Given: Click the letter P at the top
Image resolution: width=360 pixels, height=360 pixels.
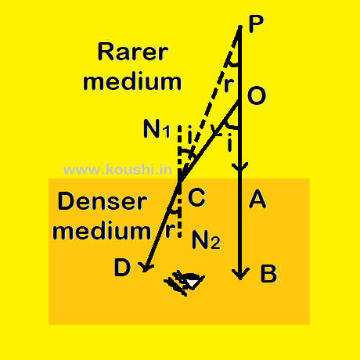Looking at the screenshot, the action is point(256,24).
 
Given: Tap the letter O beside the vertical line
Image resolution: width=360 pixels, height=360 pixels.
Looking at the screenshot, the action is point(257,95).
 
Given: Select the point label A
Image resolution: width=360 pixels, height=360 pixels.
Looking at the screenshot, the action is point(257,199).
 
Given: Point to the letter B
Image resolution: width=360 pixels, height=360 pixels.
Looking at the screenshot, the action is point(268,274).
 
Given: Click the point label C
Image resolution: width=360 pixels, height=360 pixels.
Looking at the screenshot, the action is point(196,197).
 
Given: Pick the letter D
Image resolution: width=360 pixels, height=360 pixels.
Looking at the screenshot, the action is point(122,268).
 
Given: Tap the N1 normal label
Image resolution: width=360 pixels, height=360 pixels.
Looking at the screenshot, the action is point(157,129).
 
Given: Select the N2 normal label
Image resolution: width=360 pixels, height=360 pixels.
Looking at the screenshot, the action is point(206,239).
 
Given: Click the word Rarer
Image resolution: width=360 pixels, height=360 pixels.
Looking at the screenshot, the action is point(133,52).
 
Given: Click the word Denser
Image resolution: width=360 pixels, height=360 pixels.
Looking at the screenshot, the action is point(103,201).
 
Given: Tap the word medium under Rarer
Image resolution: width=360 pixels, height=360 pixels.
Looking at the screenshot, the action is point(132,81).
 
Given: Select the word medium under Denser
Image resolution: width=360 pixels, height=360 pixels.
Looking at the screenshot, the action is point(102,231).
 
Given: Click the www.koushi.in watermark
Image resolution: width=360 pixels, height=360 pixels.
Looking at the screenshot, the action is point(117,170).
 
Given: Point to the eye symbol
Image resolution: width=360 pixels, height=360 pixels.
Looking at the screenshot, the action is point(185,283).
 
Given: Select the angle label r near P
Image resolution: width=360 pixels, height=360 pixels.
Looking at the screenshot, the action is point(229,84).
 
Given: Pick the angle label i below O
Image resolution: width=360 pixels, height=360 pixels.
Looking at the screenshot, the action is point(229,142).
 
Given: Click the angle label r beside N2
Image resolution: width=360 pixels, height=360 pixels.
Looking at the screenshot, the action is point(170,230).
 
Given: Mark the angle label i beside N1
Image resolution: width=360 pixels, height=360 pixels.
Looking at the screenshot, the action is point(190,135).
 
